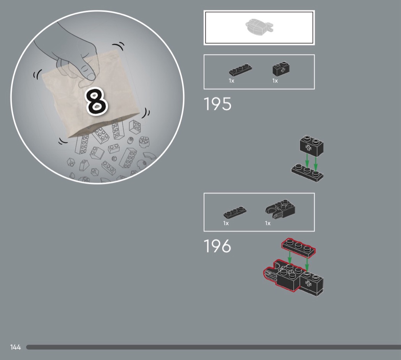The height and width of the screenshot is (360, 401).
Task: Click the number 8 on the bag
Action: tap(96, 101)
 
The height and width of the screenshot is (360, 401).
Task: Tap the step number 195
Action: tap(217, 104)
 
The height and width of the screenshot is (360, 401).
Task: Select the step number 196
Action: tap(217, 246)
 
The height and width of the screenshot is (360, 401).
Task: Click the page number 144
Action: tap(15, 347)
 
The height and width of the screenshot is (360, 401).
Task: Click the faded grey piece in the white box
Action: tap(259, 27)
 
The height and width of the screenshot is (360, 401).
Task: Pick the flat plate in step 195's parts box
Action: tap(240, 70)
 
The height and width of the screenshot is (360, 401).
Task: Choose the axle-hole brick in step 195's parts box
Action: tap(281, 68)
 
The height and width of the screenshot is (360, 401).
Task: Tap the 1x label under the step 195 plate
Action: tap(231, 81)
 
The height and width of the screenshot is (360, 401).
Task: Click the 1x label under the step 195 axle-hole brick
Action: tap(275, 81)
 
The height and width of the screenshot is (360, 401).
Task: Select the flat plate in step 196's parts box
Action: tap(235, 212)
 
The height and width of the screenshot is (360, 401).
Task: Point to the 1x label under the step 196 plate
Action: tap(226, 223)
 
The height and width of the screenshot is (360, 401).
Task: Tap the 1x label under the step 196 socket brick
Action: tap(268, 223)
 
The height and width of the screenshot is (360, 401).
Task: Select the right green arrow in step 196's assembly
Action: tap(307, 265)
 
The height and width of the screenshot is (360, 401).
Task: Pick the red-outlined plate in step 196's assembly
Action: tap(298, 248)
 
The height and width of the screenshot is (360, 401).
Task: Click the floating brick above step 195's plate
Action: tap(312, 146)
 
